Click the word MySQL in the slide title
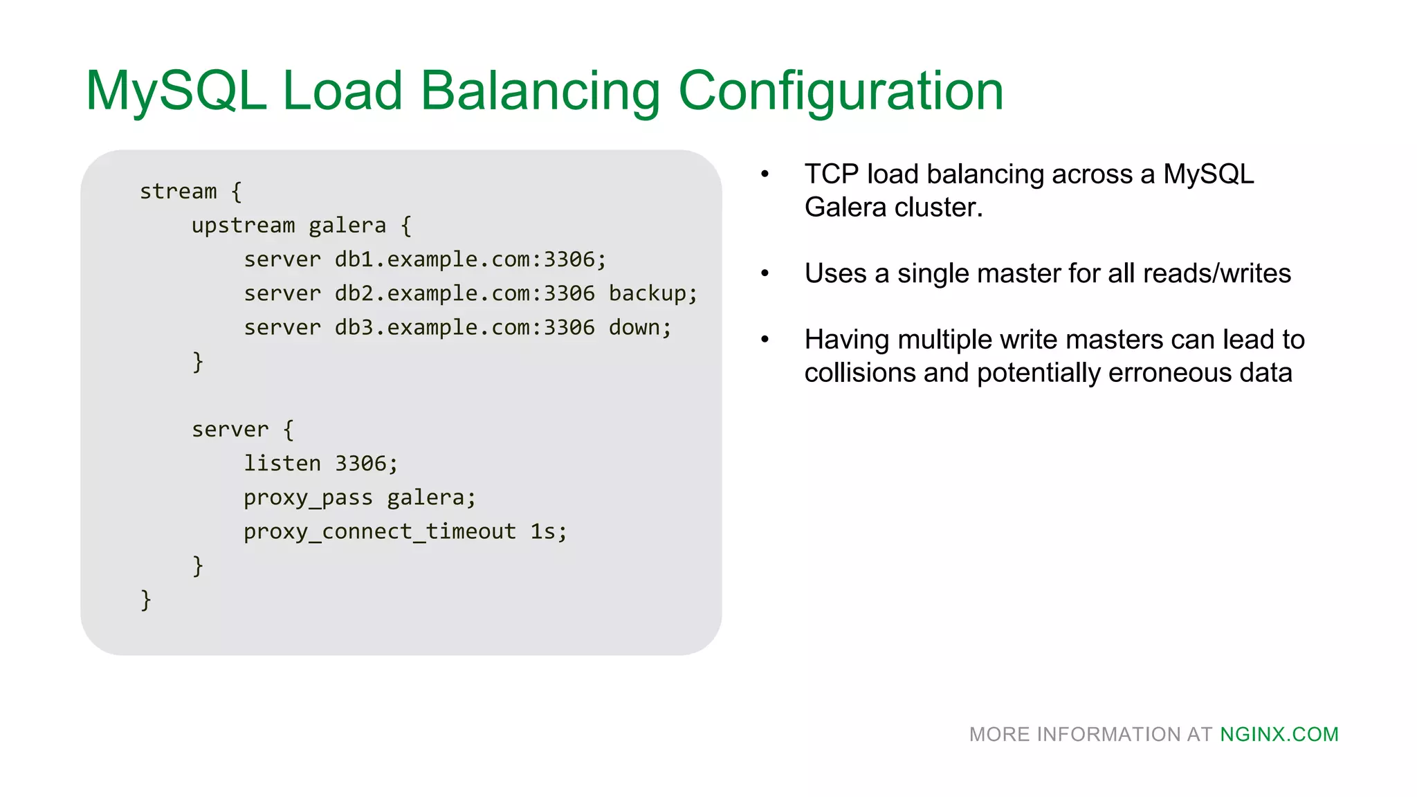point(176,91)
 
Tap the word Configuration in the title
point(841,91)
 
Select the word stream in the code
point(178,191)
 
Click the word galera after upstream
point(347,226)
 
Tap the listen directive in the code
point(282,463)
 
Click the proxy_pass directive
point(308,497)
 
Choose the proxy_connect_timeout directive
point(379,531)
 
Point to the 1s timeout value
point(543,531)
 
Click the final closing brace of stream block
point(145,599)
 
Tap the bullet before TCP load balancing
point(765,174)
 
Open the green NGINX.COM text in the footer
point(1279,734)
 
